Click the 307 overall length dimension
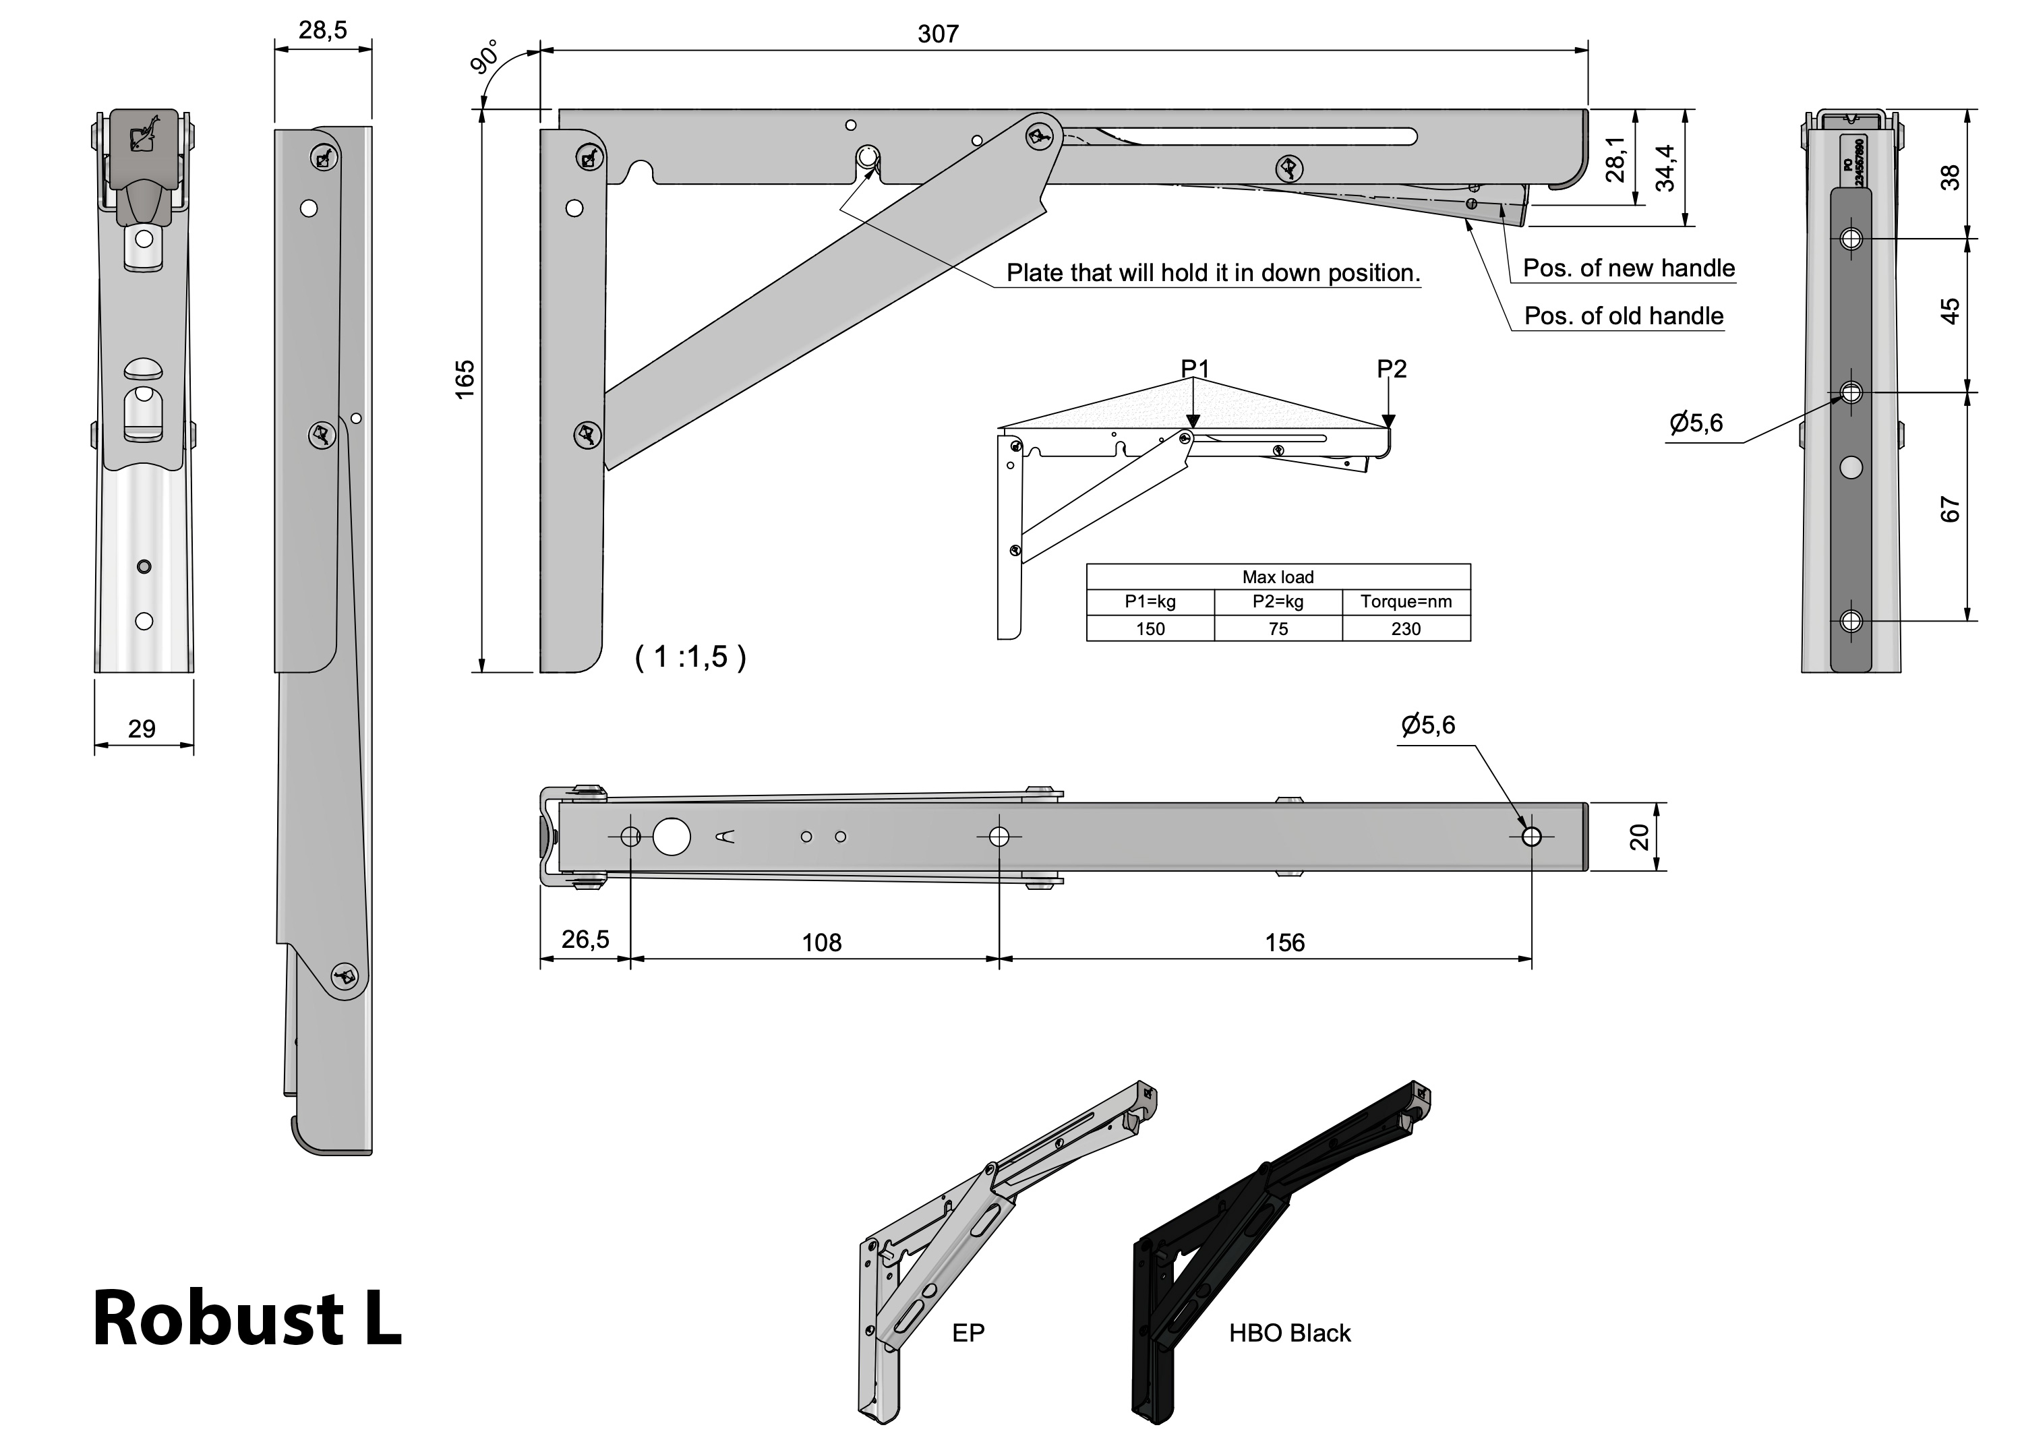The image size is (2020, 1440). [x=937, y=34]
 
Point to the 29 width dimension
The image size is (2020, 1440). [x=142, y=729]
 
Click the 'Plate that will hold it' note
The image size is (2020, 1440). [x=1212, y=273]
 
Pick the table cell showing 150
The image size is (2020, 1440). [x=1150, y=629]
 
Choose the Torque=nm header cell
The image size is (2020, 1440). [x=1406, y=602]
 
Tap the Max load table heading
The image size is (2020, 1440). [x=1278, y=577]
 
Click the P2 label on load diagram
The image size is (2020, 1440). [x=1392, y=369]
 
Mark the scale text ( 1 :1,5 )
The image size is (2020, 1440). [x=691, y=657]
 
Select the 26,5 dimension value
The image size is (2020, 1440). [x=585, y=939]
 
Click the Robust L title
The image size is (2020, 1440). [x=247, y=1319]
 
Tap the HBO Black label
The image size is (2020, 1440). [x=1289, y=1333]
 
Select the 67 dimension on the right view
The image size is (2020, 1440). [x=1950, y=509]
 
